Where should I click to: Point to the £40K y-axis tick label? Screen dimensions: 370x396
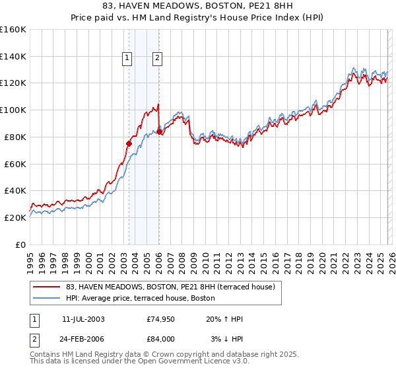coord(15,190)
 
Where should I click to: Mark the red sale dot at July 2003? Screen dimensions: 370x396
coord(129,143)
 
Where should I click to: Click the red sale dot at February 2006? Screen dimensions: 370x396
coord(160,131)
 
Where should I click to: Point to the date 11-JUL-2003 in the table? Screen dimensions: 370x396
coord(82,320)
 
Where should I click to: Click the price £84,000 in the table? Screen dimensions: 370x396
coord(160,338)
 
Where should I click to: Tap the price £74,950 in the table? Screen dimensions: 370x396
coord(160,320)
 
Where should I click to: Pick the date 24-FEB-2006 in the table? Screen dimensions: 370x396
coord(83,338)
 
